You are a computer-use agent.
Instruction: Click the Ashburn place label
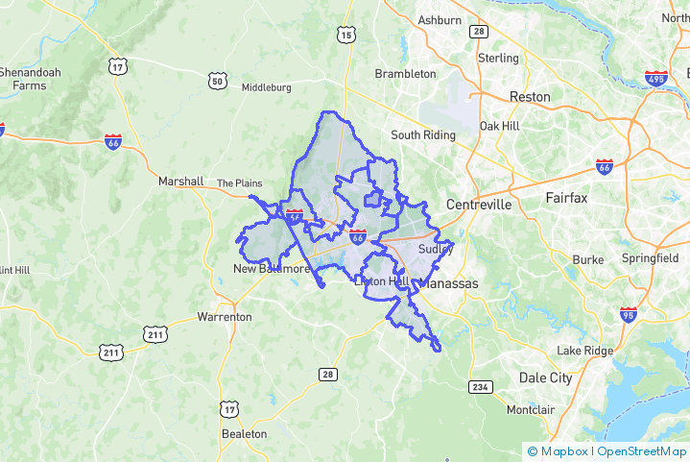440,19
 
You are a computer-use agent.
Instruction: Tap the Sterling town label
498,58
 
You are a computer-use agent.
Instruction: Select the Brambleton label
405,73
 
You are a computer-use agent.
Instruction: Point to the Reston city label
530,97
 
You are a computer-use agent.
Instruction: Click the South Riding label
422,135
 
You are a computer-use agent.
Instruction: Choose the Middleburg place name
266,86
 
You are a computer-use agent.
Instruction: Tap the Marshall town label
181,181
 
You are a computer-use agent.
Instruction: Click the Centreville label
479,205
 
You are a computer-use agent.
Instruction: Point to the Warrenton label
224,316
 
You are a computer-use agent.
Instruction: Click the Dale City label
545,377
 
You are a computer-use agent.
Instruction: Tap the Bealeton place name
244,433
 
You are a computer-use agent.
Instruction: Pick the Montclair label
531,409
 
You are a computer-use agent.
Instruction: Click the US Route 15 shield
345,36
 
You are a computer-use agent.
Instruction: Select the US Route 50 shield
218,82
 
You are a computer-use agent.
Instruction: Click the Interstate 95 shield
628,314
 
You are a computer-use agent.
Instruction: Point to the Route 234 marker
481,386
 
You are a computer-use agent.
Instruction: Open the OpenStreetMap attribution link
641,450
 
